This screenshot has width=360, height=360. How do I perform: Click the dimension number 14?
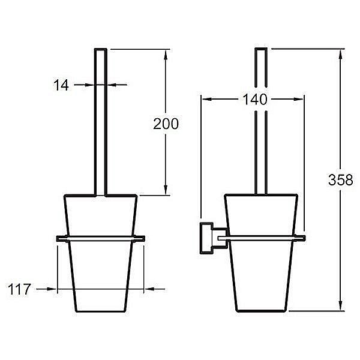61,85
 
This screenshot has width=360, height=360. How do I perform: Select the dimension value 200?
166,124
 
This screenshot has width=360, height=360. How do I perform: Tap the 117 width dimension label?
19,289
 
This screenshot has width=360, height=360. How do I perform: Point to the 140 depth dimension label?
255,100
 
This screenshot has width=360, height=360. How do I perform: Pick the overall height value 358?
340,180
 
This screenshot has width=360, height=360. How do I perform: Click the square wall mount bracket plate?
206,238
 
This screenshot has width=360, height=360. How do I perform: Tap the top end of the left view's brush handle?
101,49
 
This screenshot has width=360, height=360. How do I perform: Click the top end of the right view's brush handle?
261,49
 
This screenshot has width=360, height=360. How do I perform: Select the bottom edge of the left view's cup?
100,311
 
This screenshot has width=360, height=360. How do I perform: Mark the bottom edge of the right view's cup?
261,311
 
